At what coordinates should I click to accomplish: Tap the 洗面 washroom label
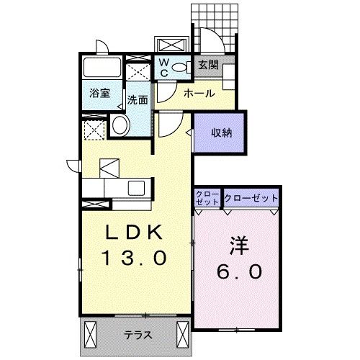pyautogui.click(x=138, y=100)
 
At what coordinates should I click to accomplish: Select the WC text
pyautogui.click(x=164, y=68)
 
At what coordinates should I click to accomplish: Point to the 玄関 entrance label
pyautogui.click(x=208, y=66)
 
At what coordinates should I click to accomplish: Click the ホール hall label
pyautogui.click(x=198, y=94)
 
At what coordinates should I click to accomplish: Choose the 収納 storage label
pyautogui.click(x=221, y=132)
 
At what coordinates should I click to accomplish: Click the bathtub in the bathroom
pyautogui.click(x=102, y=69)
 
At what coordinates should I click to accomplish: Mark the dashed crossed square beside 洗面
pyautogui.click(x=138, y=72)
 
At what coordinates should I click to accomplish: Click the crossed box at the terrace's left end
pyautogui.click(x=91, y=335)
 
